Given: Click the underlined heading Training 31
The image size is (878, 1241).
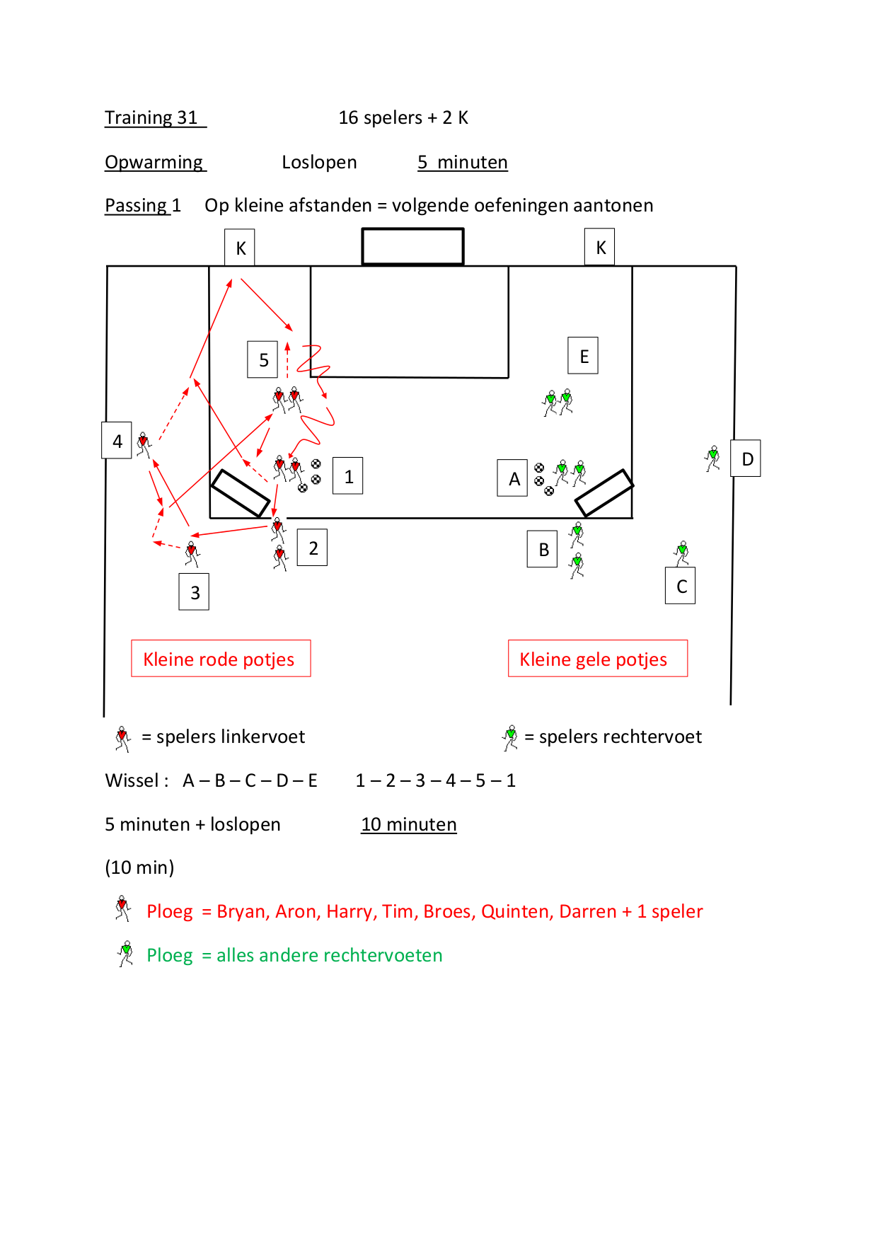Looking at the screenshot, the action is (x=155, y=117).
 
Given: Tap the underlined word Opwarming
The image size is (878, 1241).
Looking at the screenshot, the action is (x=155, y=162).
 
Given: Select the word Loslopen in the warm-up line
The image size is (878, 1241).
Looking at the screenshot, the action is (x=319, y=162).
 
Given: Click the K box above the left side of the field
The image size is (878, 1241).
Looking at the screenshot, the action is (x=240, y=247).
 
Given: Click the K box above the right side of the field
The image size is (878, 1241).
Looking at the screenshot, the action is (x=600, y=247).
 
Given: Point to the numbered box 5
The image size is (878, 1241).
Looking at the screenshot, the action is (x=262, y=359).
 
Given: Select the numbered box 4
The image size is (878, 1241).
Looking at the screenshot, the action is (x=117, y=440).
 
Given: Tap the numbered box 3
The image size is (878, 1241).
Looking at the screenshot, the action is (x=194, y=591).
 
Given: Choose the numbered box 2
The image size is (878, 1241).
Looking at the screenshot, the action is (x=312, y=547).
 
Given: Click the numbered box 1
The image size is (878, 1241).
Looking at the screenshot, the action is (x=348, y=475).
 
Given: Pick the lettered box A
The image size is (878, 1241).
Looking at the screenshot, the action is (x=513, y=478).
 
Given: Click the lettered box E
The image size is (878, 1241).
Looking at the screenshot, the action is (x=583, y=355).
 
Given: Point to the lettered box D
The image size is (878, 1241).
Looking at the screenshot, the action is (x=746, y=458).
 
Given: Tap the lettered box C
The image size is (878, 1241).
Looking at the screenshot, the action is (x=681, y=585).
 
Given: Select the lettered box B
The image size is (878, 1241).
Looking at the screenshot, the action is (x=543, y=549).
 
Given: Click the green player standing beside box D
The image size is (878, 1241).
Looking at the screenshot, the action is (x=712, y=458).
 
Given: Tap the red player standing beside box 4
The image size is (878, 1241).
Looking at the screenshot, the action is (x=144, y=445).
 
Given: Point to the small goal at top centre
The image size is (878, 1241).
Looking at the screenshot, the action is (x=413, y=246).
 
